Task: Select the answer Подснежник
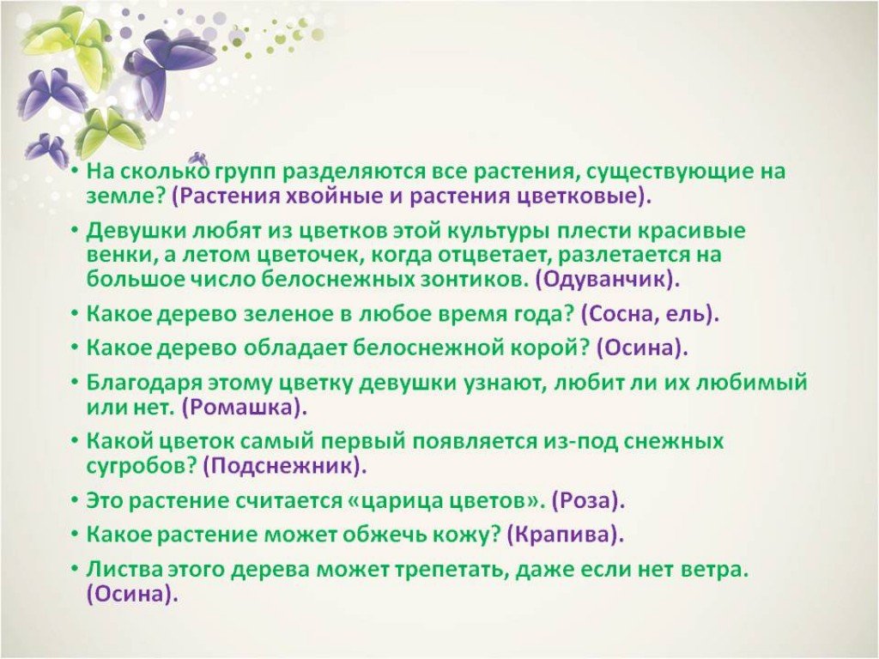[283, 466]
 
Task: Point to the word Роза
[587, 500]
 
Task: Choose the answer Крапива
[564, 535]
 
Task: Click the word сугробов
[140, 466]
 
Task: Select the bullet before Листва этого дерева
[75, 568]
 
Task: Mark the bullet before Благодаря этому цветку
[75, 381]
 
